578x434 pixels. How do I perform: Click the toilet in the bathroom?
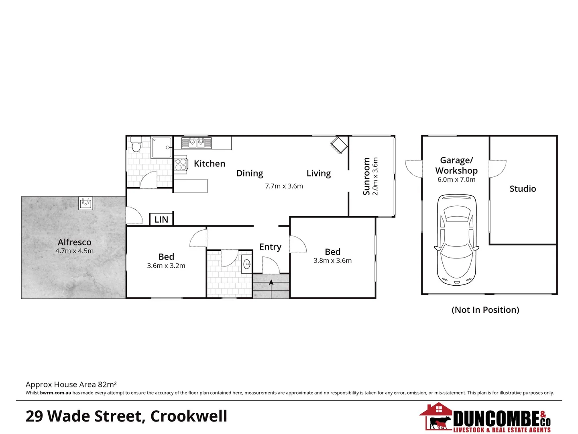point(136,145)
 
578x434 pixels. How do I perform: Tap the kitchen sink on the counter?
point(196,143)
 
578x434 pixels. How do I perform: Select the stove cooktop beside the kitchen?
point(181,164)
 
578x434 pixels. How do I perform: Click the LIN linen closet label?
point(161,219)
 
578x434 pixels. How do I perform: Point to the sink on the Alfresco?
point(85,203)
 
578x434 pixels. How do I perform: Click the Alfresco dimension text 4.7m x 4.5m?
point(75,251)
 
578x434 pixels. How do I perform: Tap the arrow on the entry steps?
point(271,283)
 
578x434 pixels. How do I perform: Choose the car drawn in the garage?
point(457,240)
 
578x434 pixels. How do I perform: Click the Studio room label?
point(523,189)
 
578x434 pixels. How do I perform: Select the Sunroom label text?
point(366,176)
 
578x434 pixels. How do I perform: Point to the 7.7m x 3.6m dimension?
point(284,186)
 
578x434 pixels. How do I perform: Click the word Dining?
point(250,173)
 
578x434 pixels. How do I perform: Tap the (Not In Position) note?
point(485,310)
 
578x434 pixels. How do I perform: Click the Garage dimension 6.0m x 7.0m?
point(456,180)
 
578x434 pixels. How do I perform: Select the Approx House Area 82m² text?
point(71,385)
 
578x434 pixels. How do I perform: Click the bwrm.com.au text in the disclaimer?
point(55,393)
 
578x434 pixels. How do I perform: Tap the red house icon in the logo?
point(437,410)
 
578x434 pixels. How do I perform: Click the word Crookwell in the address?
point(189,416)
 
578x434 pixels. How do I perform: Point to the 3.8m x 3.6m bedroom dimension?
point(332,260)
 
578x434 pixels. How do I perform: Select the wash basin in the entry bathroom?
point(247,264)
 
